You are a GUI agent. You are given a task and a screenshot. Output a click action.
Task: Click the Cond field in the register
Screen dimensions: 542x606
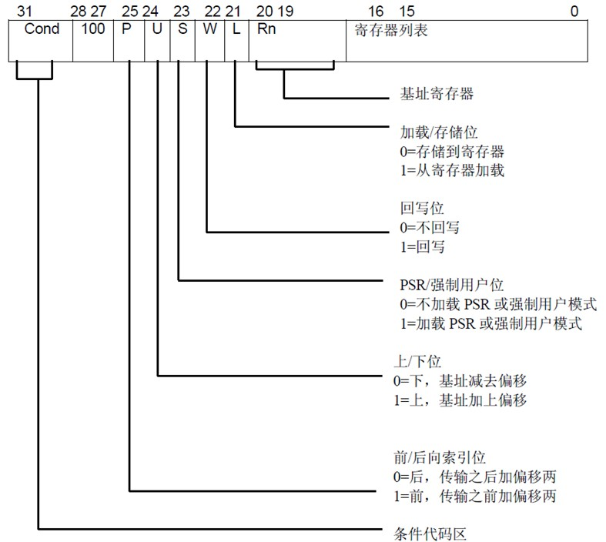point(42,30)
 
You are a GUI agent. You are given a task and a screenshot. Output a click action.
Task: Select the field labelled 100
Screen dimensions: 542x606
point(92,30)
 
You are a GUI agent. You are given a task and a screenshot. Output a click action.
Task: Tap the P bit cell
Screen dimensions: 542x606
point(127,30)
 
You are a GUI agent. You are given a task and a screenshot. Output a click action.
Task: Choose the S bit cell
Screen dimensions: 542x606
point(182,30)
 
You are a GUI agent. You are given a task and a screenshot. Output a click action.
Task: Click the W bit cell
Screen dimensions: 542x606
point(209,30)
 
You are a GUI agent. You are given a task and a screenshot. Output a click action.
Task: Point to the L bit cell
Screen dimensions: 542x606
point(236,30)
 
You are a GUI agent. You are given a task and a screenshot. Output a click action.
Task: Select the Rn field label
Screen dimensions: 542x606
point(266,30)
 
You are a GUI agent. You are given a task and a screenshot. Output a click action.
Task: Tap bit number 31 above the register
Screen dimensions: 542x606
point(24,11)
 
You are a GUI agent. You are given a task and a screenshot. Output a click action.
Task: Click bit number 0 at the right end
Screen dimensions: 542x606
point(574,11)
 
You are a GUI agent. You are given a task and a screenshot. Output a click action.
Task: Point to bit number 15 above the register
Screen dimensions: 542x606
point(407,11)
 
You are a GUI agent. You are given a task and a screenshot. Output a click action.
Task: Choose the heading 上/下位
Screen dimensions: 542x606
point(417,360)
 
